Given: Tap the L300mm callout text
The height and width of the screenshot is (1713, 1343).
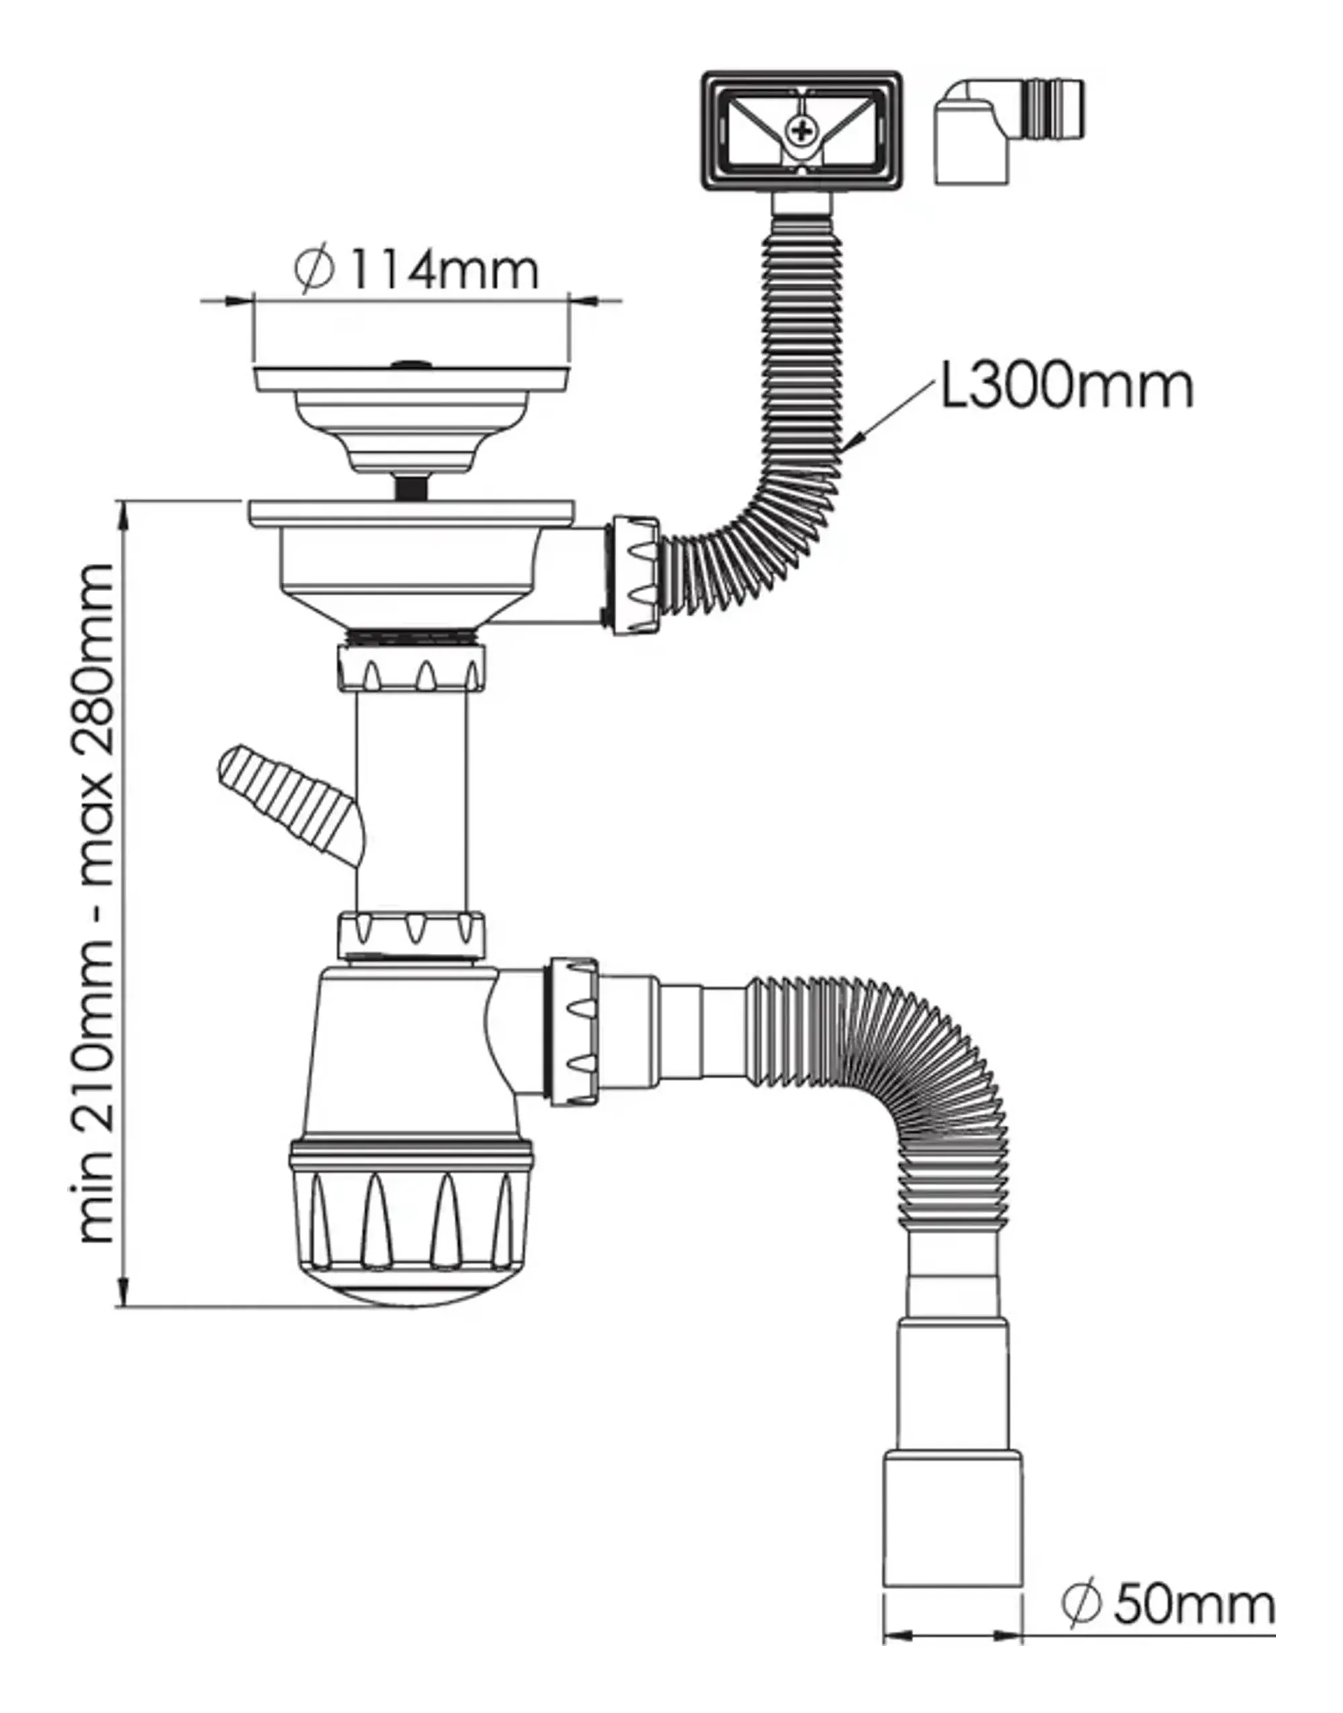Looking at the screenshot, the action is point(1067,386).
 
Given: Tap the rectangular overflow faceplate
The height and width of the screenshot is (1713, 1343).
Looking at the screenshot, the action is point(801,132).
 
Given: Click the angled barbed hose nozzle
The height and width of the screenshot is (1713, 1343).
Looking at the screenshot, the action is point(291,805).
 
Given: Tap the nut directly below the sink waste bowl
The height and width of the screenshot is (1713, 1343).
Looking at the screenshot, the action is point(411,668).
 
